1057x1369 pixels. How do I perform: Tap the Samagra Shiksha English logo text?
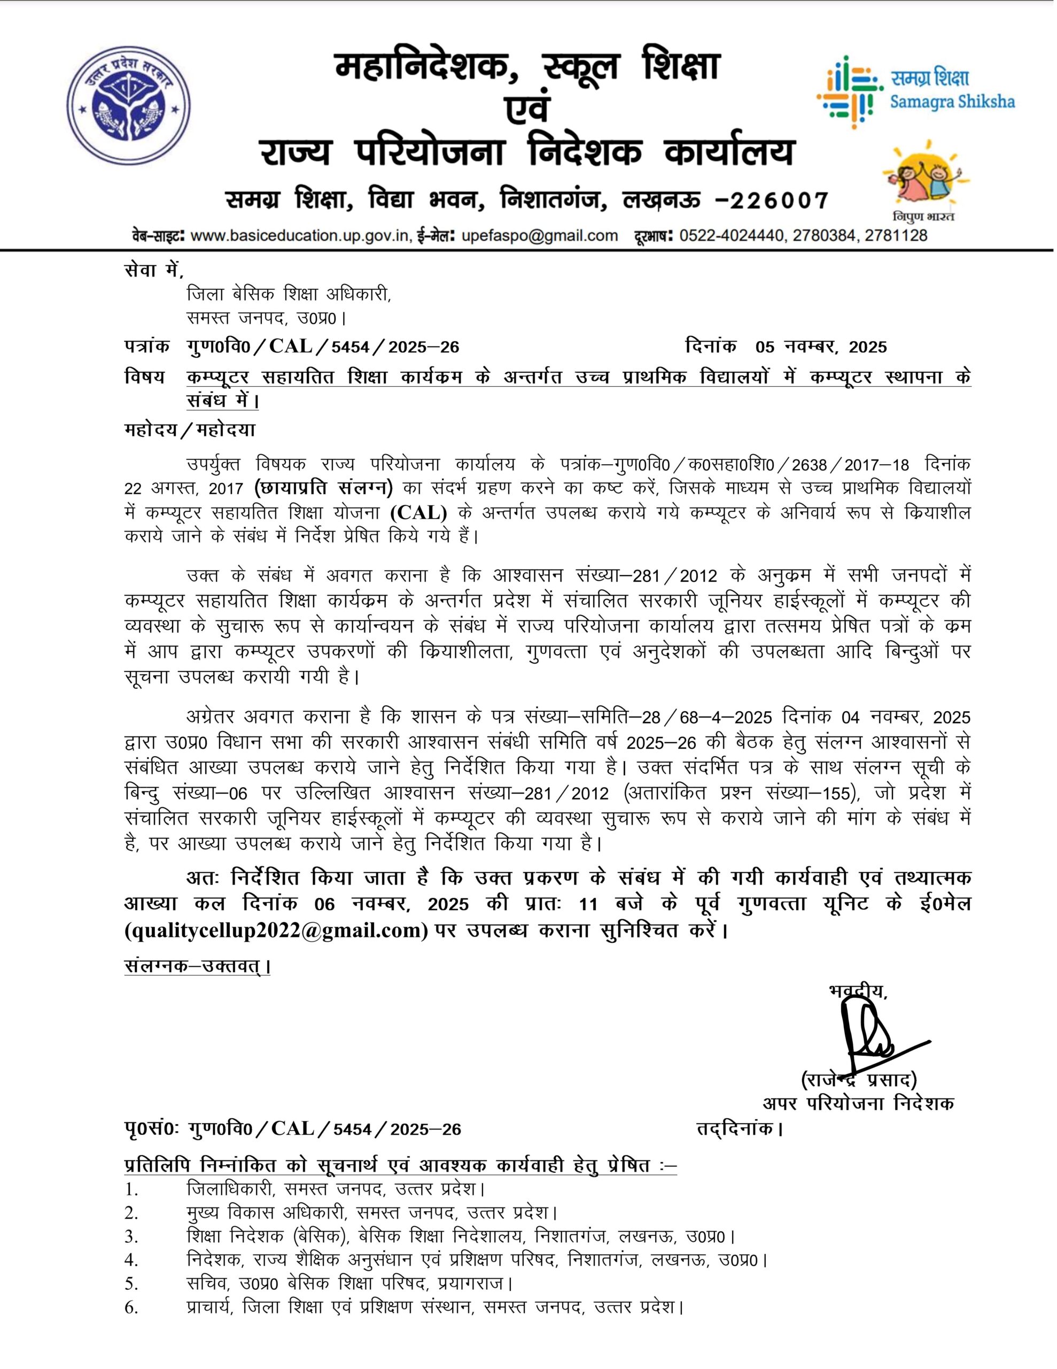coord(952,102)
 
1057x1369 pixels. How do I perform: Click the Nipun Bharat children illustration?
coord(922,178)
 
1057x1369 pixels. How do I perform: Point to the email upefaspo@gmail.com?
coord(540,236)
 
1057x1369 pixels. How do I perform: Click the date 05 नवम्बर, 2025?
coord(821,347)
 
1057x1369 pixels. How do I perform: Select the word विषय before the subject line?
coord(145,376)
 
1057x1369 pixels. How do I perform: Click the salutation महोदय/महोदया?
coord(190,430)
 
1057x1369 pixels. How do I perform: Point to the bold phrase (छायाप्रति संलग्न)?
coord(324,487)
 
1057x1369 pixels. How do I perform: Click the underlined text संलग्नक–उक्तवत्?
coord(196,966)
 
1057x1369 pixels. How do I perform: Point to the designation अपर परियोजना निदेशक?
coord(858,1103)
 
